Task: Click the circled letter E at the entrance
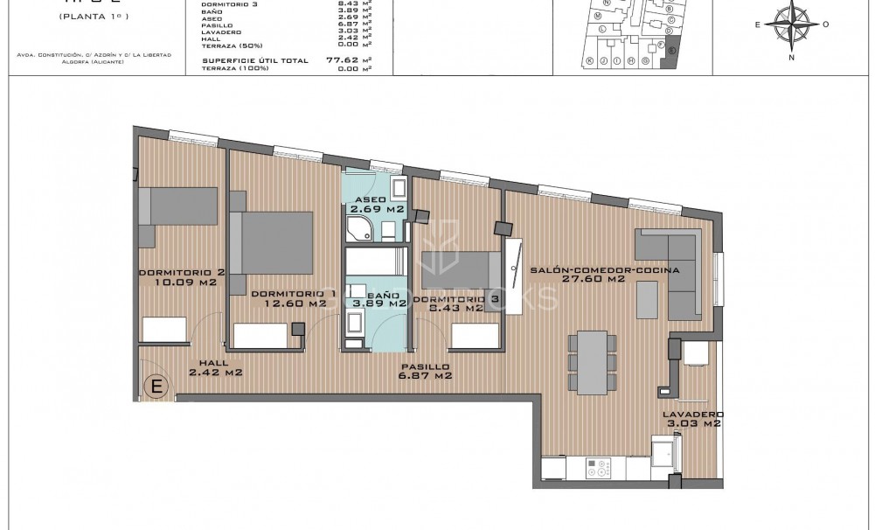point(156,386)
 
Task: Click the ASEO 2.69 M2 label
point(376,205)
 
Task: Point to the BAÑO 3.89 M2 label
point(376,300)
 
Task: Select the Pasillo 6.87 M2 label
point(424,371)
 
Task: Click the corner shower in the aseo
point(358,229)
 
